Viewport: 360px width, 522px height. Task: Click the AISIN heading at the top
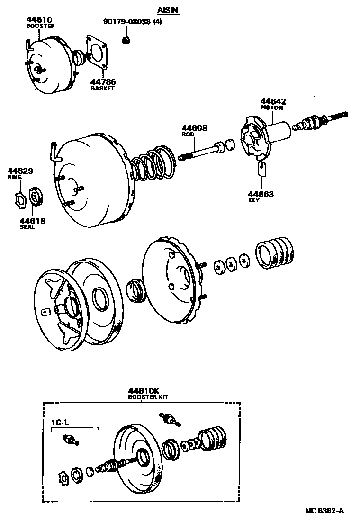[x=169, y=10]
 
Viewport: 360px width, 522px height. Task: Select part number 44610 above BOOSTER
[x=39, y=19]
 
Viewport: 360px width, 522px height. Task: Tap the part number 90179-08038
[x=127, y=22]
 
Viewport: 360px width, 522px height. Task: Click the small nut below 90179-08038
[x=126, y=40]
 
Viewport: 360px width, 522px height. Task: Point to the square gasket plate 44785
[x=97, y=52]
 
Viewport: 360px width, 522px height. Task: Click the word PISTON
[x=272, y=108]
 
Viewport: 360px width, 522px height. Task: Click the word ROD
[x=188, y=134]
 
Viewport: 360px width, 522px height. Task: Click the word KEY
[x=254, y=200]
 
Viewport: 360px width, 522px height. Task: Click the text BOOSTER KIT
[x=148, y=397]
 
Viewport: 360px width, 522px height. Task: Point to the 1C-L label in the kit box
[x=60, y=423]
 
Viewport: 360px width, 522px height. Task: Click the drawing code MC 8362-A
[x=324, y=511]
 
